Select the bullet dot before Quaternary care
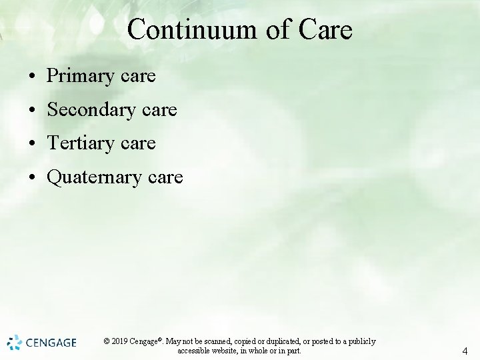coord(32,178)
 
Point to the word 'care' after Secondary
coord(159,110)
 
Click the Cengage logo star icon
coord(14,343)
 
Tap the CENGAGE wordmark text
coord(51,343)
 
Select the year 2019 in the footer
coord(121,341)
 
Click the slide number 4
coord(465,351)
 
